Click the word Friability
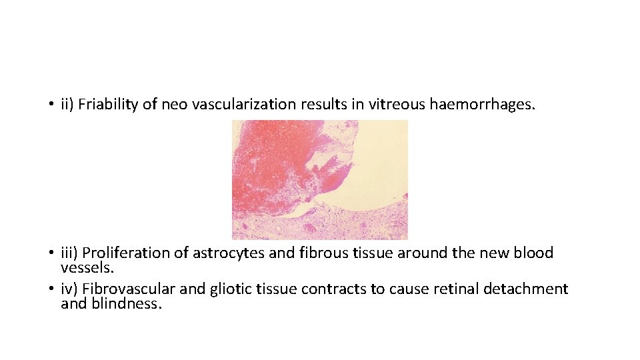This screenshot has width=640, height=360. click(x=107, y=105)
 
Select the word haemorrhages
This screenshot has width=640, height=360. click(x=482, y=105)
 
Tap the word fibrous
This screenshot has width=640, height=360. click(x=315, y=253)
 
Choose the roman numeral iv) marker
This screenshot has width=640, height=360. click(x=69, y=289)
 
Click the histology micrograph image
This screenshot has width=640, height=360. click(x=319, y=179)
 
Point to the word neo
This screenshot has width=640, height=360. click(x=175, y=105)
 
